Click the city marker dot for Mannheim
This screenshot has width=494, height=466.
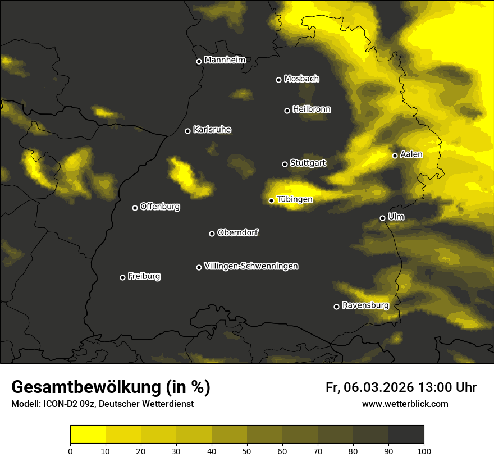[x=199, y=62]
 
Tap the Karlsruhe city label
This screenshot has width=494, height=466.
[x=212, y=130]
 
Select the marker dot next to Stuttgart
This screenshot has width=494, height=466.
[x=285, y=164]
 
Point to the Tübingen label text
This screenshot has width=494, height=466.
[x=295, y=199]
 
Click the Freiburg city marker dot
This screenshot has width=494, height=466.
[x=122, y=277]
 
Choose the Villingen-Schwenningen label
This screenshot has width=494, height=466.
[x=251, y=266]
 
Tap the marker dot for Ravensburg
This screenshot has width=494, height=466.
[x=336, y=307]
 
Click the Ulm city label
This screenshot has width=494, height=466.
[x=396, y=217]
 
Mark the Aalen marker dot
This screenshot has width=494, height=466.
[x=395, y=156]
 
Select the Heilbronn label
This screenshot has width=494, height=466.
[x=312, y=109]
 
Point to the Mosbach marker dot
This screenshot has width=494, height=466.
[x=278, y=80]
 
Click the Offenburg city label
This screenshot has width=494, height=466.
[x=160, y=207]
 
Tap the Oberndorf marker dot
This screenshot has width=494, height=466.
[x=212, y=234]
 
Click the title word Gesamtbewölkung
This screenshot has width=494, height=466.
[x=85, y=387]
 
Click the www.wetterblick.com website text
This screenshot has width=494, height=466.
[x=405, y=404]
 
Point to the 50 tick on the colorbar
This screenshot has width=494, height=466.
[x=247, y=450]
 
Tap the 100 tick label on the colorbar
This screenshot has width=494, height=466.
[x=424, y=450]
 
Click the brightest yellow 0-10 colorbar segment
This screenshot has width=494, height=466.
[x=88, y=435]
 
